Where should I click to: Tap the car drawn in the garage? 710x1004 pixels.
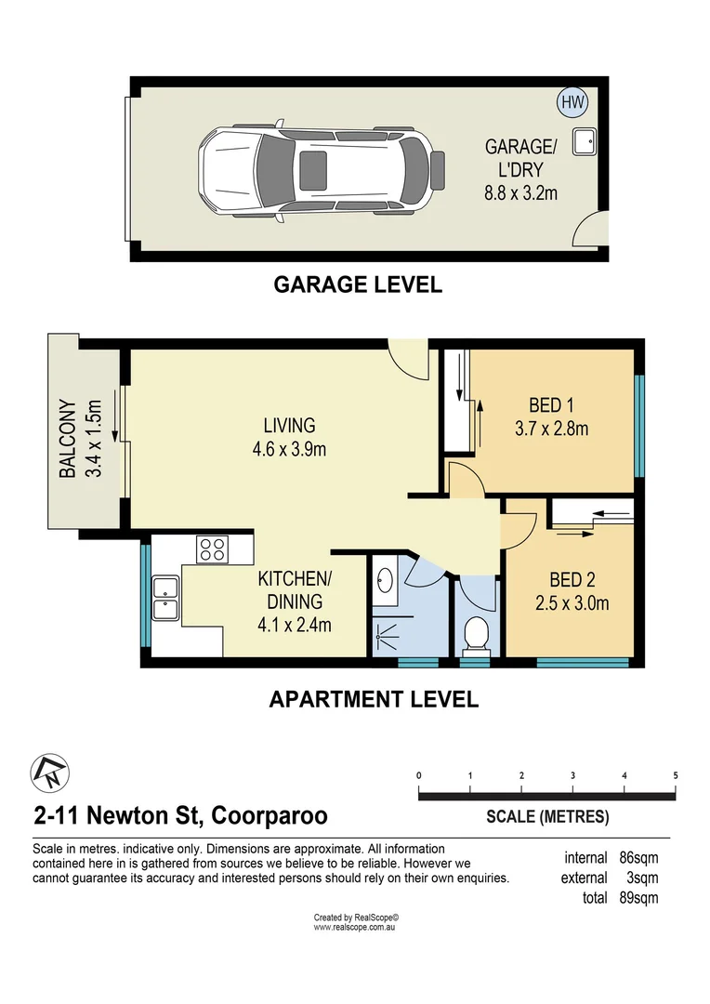point(316,168)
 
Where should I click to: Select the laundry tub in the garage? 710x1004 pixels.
point(585,141)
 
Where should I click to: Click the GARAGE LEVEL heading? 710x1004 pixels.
point(358,284)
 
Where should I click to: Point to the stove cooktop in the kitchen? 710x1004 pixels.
point(211,548)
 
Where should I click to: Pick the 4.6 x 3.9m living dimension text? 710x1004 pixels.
point(289,449)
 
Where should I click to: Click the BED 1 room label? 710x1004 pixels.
point(551,405)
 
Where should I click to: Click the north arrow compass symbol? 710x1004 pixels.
point(46,771)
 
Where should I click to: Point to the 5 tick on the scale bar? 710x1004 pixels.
point(675,775)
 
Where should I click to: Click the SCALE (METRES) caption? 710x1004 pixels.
point(547,817)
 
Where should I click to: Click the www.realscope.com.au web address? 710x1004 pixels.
point(355,927)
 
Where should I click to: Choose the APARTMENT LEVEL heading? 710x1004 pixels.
point(374,699)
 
